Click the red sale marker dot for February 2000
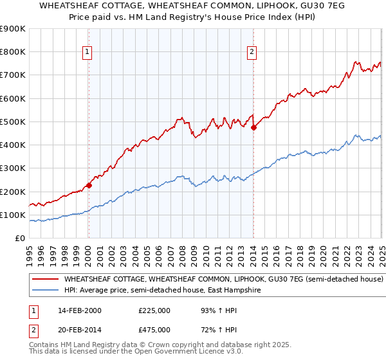(89, 186)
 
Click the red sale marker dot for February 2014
(253, 127)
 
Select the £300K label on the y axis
(13, 168)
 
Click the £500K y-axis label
(13, 122)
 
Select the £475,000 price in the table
(154, 330)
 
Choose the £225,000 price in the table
(154, 310)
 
